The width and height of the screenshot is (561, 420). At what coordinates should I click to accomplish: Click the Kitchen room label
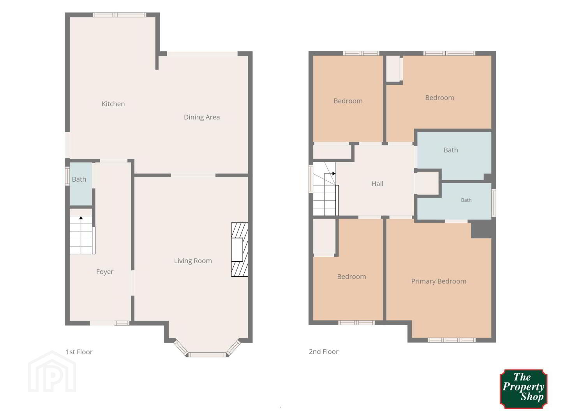click(x=113, y=104)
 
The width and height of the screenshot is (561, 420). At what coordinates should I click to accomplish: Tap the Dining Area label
click(x=202, y=117)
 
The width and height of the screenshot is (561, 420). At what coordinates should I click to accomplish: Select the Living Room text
click(x=193, y=261)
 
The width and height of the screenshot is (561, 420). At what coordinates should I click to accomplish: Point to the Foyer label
click(x=105, y=272)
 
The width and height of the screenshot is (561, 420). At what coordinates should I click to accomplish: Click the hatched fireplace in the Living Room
click(x=240, y=250)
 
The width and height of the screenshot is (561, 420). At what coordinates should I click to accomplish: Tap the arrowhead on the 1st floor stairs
click(x=81, y=218)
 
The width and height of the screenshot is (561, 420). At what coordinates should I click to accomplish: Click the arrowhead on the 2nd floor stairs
click(x=334, y=174)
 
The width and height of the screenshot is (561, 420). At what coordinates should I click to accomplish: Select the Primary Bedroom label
click(x=439, y=281)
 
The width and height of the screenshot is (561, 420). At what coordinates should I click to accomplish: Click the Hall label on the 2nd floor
click(x=377, y=184)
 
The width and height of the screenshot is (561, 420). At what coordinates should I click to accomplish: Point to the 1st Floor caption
click(x=79, y=352)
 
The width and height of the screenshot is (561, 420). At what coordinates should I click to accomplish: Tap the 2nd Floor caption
click(x=324, y=352)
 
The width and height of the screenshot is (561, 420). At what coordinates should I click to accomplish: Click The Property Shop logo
click(x=524, y=388)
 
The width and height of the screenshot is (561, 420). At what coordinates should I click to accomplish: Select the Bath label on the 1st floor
click(x=79, y=179)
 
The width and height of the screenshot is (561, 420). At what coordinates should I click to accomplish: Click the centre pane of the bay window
click(x=207, y=355)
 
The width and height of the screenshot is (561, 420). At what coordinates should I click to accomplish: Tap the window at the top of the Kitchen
click(x=119, y=15)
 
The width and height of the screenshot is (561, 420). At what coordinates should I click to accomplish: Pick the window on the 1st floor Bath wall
click(x=67, y=176)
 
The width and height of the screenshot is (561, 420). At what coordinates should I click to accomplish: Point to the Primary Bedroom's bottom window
click(x=452, y=340)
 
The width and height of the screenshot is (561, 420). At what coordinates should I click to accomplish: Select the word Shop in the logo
click(x=532, y=397)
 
